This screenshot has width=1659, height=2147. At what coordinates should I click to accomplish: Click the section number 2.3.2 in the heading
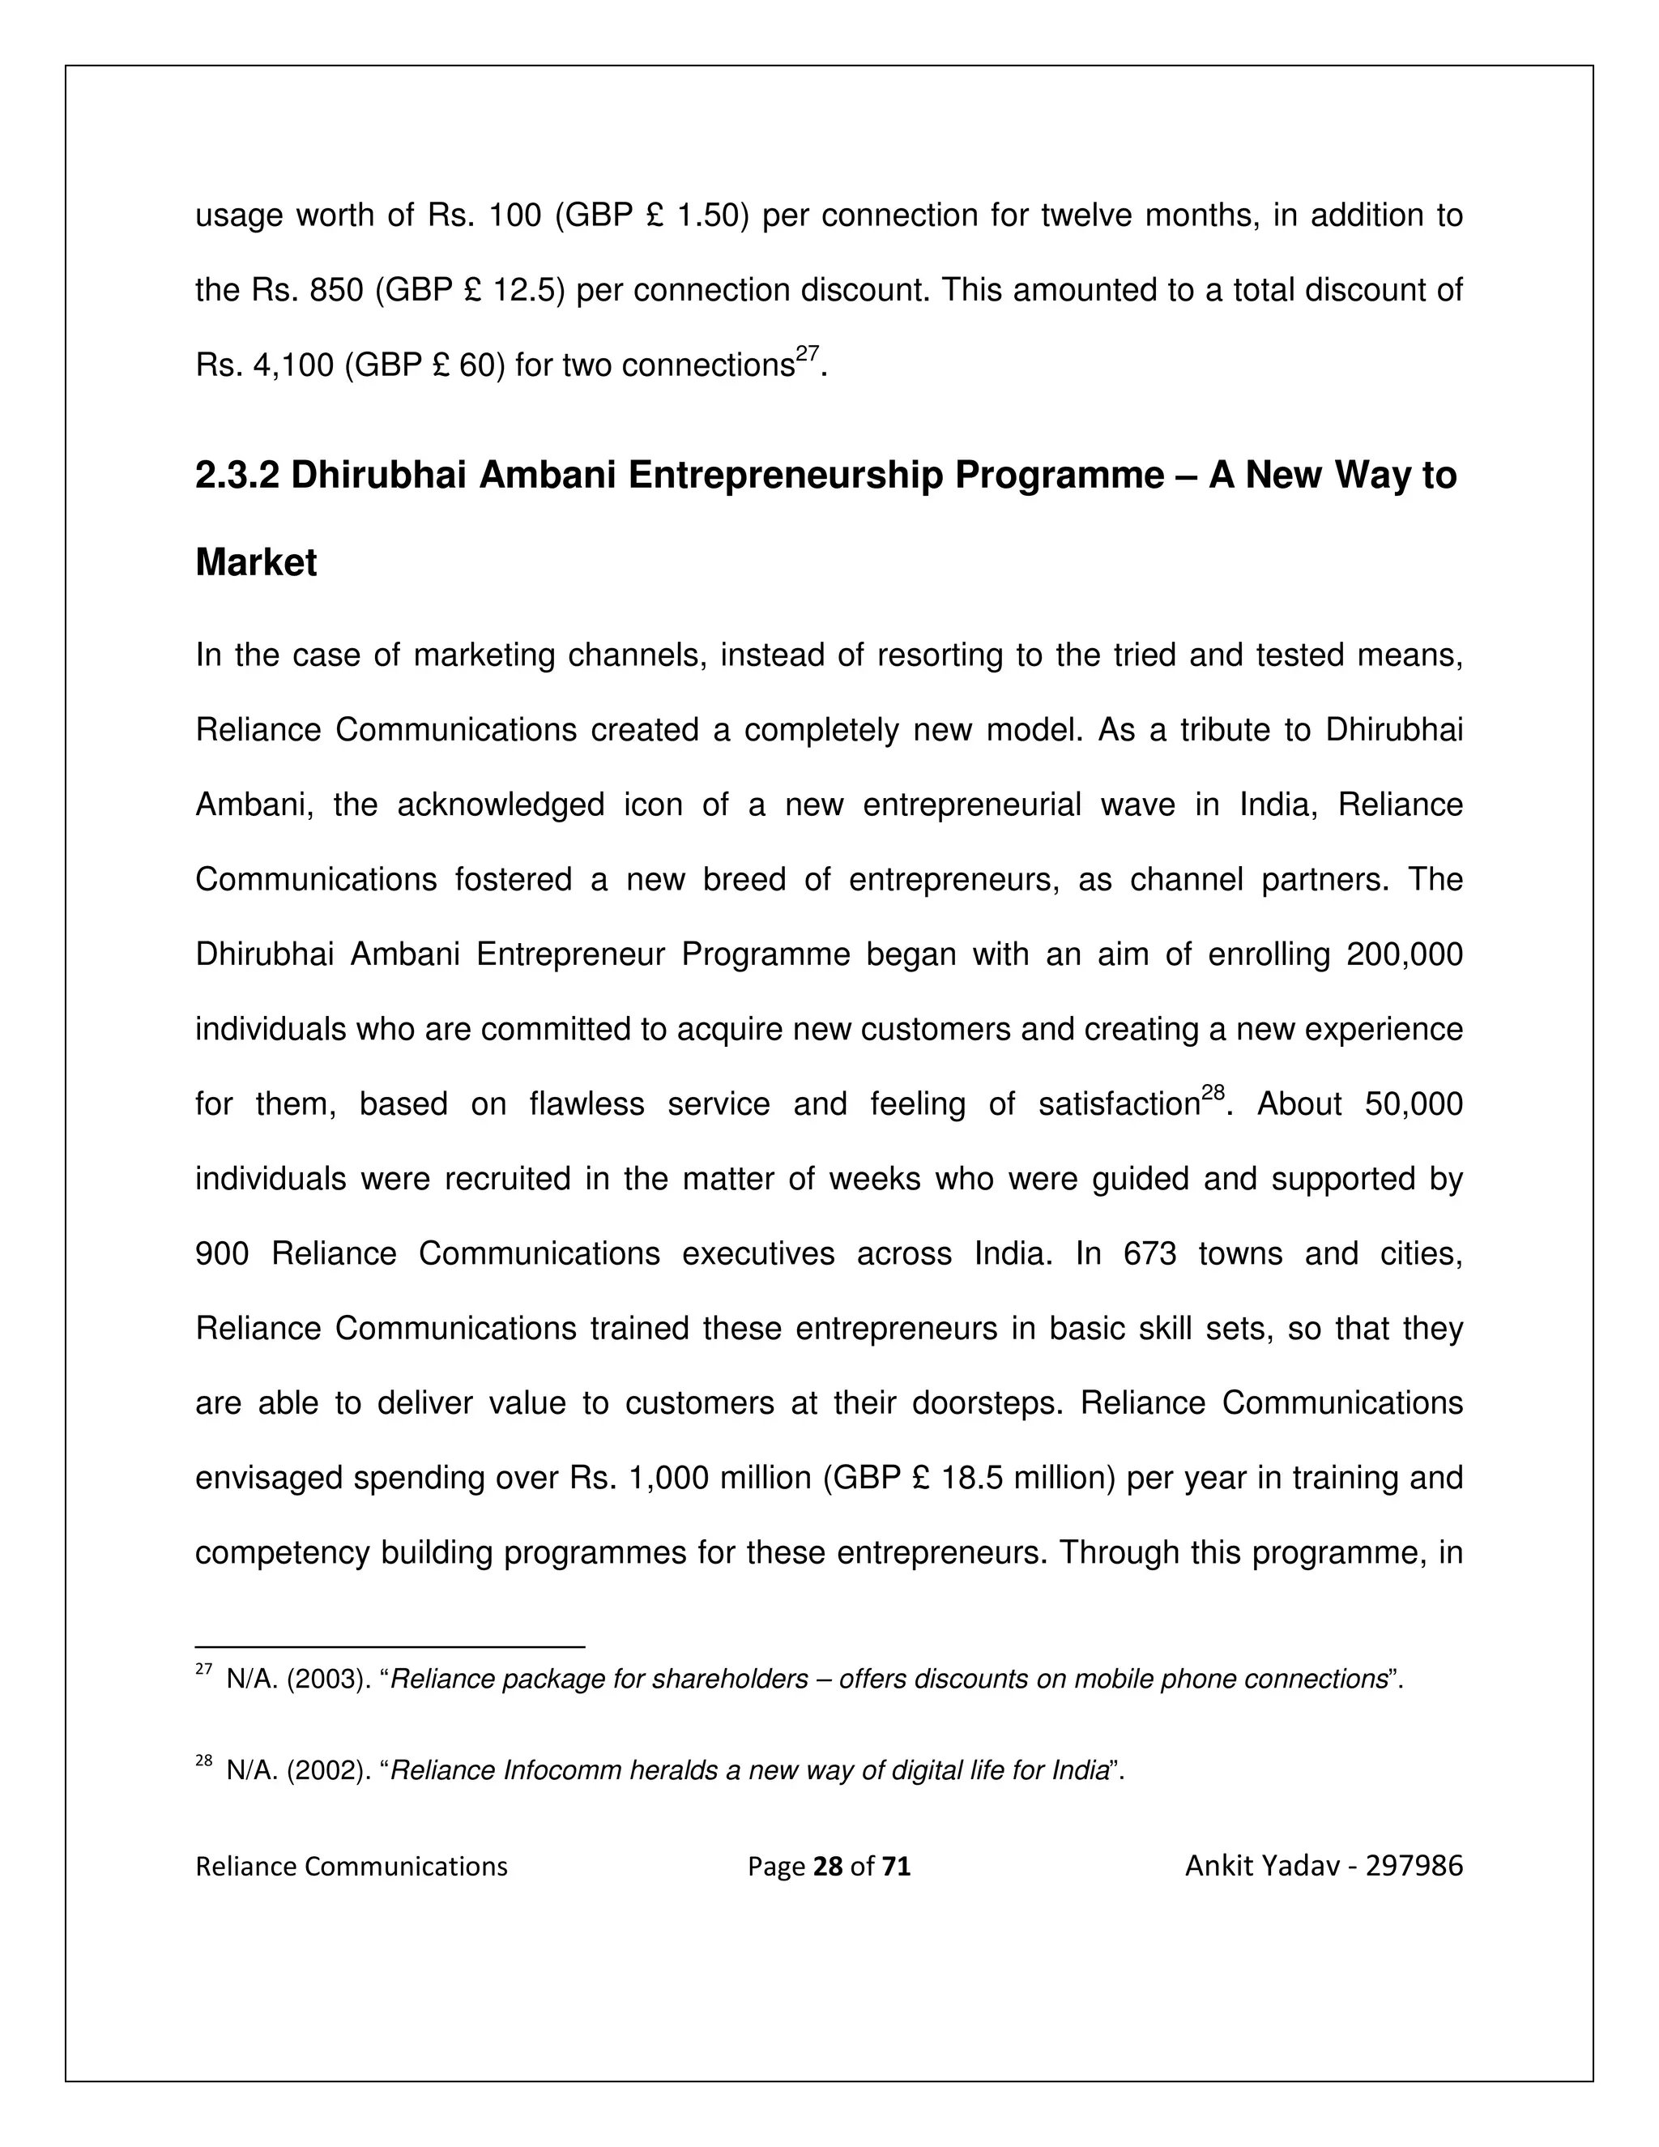[237, 476]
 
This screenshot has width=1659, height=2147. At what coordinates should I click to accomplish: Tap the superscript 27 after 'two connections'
[807, 356]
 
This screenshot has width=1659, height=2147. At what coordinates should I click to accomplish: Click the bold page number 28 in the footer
[829, 1866]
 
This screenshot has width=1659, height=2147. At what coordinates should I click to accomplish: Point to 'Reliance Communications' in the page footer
[351, 1866]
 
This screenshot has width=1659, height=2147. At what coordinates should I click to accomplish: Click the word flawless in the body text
[586, 1104]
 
